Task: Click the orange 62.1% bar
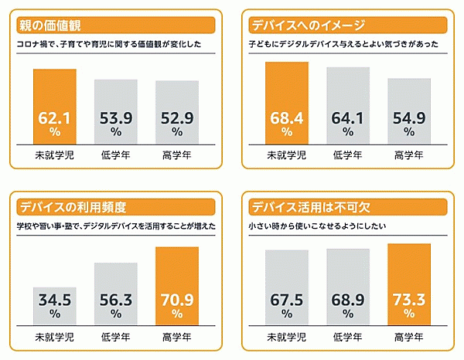coord(55,106)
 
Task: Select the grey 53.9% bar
coord(116,110)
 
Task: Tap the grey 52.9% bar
coord(176,111)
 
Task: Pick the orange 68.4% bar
coord(286,102)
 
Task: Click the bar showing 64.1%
coord(347,104)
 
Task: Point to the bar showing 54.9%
coord(409,110)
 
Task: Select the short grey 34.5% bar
coord(55,305)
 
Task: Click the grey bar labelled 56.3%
coord(116,294)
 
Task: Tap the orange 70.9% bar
coord(176,285)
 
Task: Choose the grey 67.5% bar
coord(286,287)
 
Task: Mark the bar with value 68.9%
coord(347,286)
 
